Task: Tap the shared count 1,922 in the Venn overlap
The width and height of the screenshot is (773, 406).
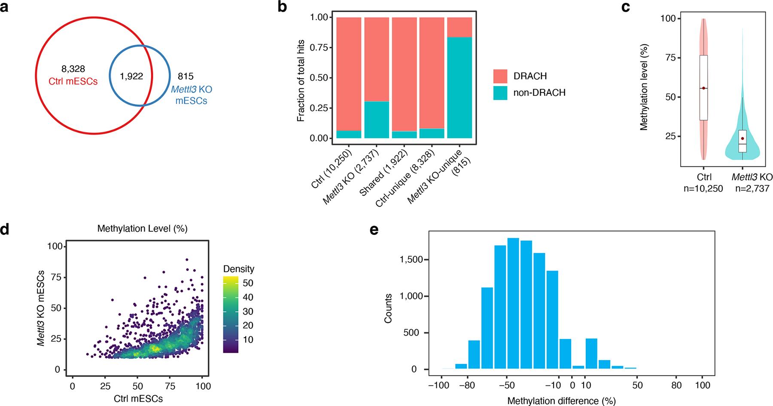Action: coord(131,76)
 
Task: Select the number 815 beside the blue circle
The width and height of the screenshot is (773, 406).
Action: coord(185,77)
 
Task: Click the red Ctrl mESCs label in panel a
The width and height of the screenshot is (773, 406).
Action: coord(73,81)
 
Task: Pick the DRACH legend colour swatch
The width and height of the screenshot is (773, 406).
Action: coord(500,76)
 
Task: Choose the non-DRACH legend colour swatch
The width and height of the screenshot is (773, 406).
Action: coord(500,93)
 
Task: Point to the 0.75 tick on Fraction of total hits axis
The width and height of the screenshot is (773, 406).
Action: coord(319,47)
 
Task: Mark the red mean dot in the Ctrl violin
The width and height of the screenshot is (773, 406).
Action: coord(703,88)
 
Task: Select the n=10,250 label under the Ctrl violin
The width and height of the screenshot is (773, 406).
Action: coord(703,188)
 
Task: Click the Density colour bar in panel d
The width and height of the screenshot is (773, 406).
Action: coord(231,315)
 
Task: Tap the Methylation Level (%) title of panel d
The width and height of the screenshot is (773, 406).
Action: coord(142,228)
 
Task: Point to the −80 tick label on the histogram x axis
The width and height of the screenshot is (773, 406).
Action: coord(467,385)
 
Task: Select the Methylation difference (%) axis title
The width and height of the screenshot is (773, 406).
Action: coord(561,401)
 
